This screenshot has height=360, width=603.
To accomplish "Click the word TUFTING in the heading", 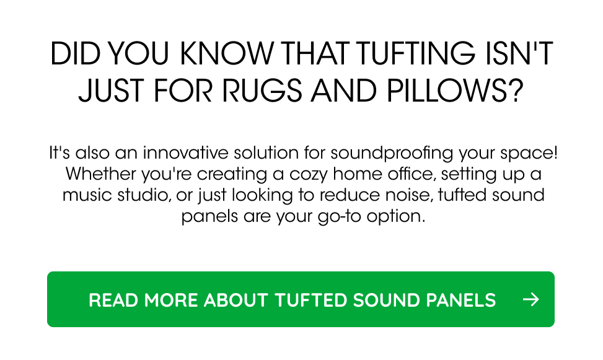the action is click(x=416, y=53).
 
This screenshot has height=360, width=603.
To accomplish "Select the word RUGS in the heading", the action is click(x=262, y=91).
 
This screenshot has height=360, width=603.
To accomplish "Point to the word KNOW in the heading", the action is click(x=227, y=53).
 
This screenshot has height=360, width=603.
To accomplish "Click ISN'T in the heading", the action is click(x=519, y=53).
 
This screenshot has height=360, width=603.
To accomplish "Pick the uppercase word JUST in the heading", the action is click(x=112, y=91).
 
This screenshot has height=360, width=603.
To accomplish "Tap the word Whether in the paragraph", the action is click(x=101, y=173).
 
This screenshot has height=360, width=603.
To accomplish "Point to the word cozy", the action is click(x=309, y=175).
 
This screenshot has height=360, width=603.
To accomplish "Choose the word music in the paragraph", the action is click(x=87, y=195).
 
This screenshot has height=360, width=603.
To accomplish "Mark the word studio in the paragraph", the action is click(x=144, y=195).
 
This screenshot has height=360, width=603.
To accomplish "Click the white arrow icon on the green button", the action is click(x=531, y=299).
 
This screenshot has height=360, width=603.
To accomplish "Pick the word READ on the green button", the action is click(x=113, y=300).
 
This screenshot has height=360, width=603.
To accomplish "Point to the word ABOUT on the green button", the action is click(x=235, y=300).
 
